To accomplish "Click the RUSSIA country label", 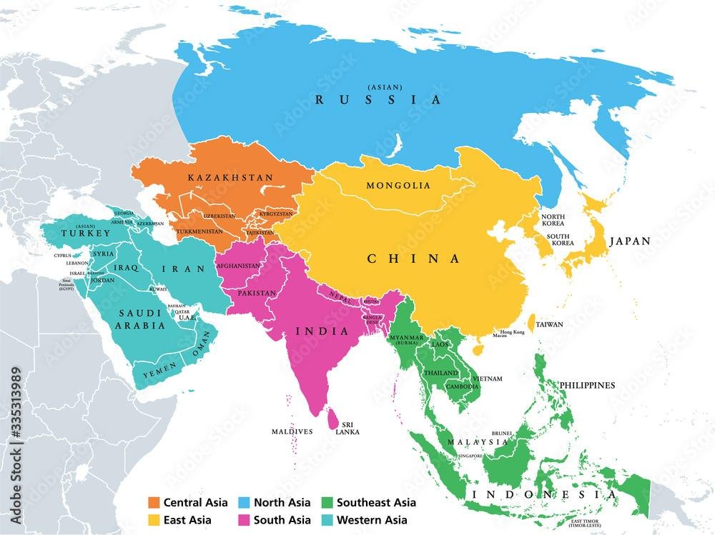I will click(378, 100).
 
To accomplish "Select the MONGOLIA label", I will click(398, 186).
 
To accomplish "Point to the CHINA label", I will click(414, 259).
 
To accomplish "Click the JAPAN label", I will click(629, 241).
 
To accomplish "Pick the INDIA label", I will click(322, 331).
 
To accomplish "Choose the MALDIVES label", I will click(292, 432).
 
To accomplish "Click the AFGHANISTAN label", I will click(238, 266).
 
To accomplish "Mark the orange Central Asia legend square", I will click(154, 503).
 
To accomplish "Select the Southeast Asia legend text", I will click(374, 503).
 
